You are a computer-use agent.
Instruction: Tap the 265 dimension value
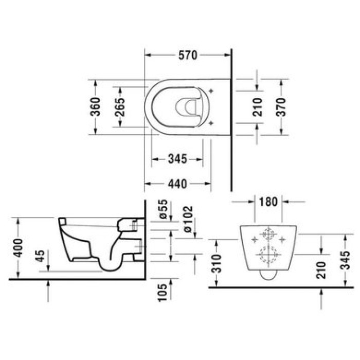click(119, 106)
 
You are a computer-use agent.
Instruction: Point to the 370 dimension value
click(280, 106)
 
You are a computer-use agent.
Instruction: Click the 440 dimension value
click(177, 183)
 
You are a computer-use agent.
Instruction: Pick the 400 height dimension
click(19, 248)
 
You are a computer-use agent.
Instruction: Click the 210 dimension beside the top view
click(258, 106)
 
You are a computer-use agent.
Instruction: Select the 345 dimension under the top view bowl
click(177, 159)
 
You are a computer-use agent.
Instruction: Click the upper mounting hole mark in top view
click(210, 92)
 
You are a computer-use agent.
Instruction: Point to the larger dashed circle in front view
click(267, 254)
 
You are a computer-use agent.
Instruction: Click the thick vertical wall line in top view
click(232, 118)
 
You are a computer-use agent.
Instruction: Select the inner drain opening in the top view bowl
click(187, 106)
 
